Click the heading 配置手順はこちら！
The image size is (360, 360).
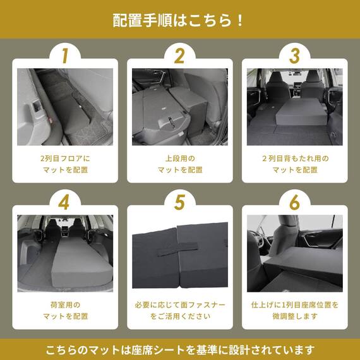[179, 20]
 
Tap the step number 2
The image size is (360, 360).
[179, 56]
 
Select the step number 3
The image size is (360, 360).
[294, 56]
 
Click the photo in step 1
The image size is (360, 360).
[65, 107]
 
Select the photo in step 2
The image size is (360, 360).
[179, 107]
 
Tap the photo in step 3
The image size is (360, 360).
[294, 107]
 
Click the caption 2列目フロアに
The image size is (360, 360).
[65, 159]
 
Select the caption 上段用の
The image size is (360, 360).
[179, 159]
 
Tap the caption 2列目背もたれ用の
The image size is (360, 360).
[294, 159]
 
